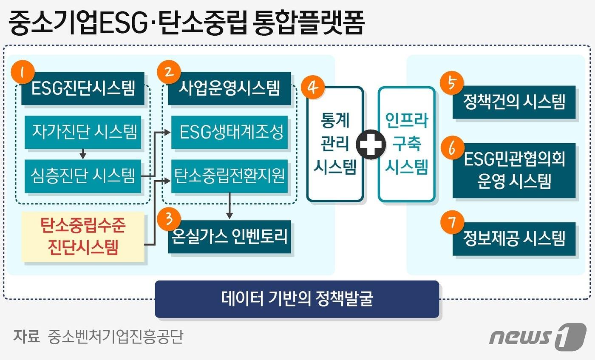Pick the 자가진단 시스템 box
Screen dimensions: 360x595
[83, 132]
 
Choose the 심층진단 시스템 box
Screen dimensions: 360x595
[83, 176]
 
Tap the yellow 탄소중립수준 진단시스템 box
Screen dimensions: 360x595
[83, 236]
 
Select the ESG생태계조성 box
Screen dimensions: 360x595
[229, 132]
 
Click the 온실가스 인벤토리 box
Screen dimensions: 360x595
[229, 236]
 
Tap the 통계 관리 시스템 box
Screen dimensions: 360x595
[335, 144]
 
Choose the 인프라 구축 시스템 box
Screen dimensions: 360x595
[406, 144]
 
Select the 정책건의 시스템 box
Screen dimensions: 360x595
[514, 102]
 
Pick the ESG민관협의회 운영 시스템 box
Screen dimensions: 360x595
[514, 170]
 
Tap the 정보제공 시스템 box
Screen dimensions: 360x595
[514, 238]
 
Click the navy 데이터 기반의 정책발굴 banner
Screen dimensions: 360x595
[297, 298]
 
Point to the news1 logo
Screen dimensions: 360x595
[538, 337]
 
